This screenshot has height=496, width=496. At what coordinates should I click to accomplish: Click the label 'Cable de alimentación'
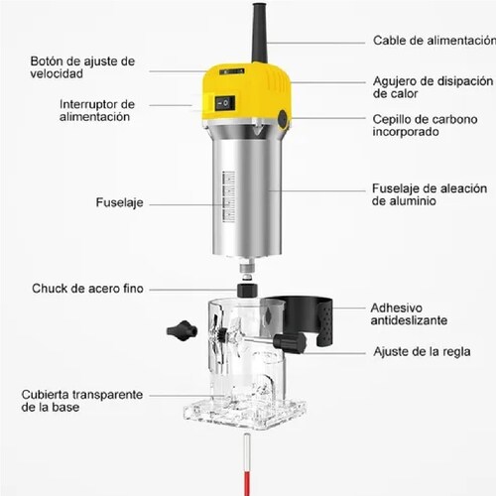pyautogui.click(x=434, y=41)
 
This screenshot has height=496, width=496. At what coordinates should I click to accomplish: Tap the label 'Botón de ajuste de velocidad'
pyautogui.click(x=81, y=67)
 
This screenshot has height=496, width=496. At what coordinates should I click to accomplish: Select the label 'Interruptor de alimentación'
pyautogui.click(x=95, y=109)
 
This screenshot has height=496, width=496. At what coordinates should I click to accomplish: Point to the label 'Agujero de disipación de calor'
pyautogui.click(x=432, y=87)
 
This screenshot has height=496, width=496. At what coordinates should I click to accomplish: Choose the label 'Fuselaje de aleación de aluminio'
pyautogui.click(x=429, y=193)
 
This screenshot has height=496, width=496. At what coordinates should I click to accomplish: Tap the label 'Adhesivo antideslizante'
pyautogui.click(x=408, y=313)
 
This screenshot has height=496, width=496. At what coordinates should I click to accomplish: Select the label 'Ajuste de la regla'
pyautogui.click(x=421, y=351)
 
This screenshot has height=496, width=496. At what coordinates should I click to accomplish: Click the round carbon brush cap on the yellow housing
pyautogui.click(x=283, y=119)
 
